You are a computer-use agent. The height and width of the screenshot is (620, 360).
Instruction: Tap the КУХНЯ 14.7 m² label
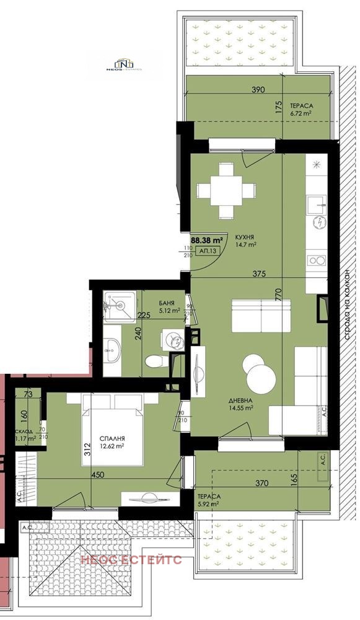246,241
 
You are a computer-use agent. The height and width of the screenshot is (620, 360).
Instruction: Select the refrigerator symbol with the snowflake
318,164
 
